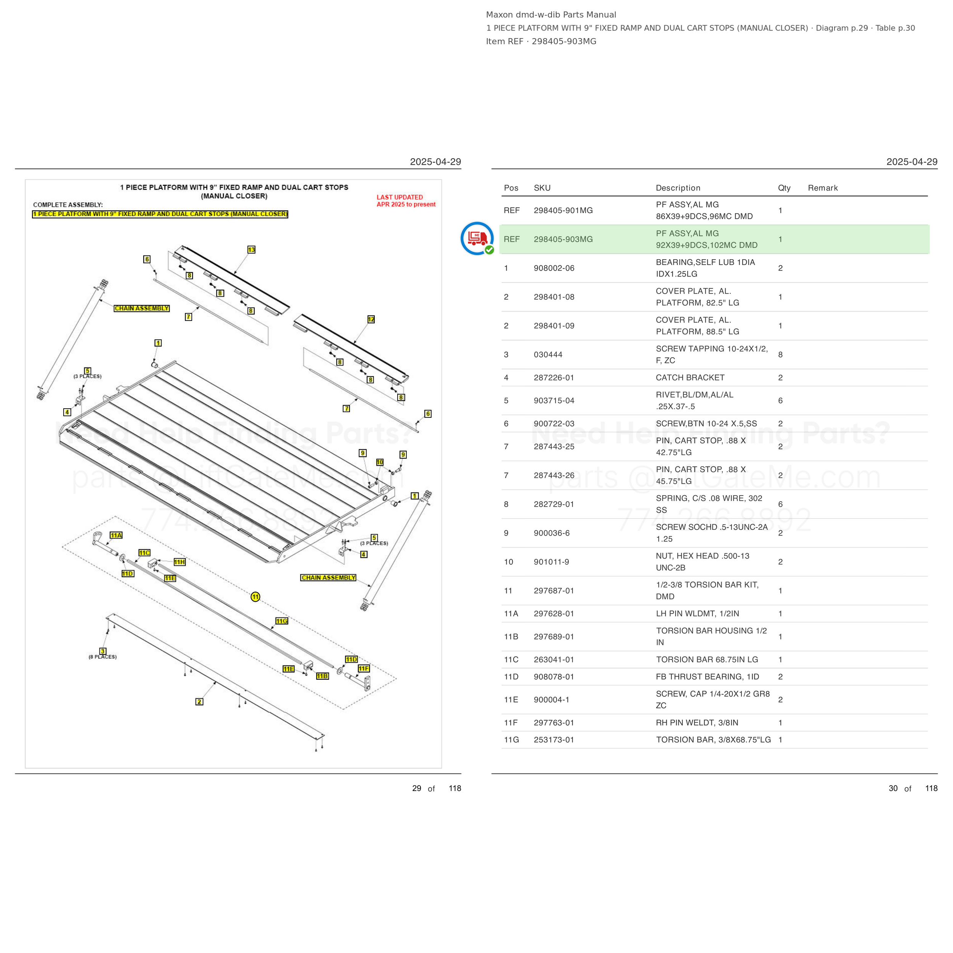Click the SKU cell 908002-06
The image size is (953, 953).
coord(554,268)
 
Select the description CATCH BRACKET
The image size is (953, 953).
coord(690,378)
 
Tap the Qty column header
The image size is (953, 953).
coord(784,188)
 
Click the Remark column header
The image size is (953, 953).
coord(823,188)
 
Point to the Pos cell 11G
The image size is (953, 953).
coord(511,740)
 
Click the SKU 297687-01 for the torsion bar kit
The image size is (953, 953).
coord(554,591)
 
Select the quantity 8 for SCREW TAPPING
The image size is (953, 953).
coord(780,355)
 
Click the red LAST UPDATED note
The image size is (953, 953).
coord(406,201)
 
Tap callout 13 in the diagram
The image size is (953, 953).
coord(252,250)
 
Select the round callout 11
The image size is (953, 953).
coord(255,597)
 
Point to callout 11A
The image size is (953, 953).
coord(116,535)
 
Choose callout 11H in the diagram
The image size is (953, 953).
coord(180,562)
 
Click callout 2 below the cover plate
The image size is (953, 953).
coord(199,701)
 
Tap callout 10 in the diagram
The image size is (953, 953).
coord(380,462)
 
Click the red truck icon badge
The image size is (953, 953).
coord(477,239)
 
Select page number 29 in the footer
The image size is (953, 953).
coord(417,788)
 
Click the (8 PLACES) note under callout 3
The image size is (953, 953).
coord(103,657)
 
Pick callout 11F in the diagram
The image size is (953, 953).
coord(364,668)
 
